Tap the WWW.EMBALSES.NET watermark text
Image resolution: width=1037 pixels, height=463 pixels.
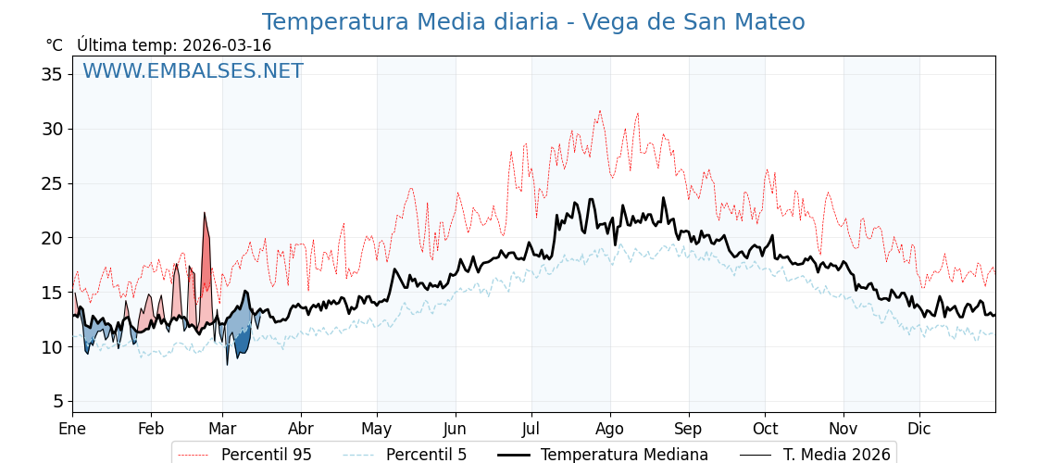[193, 71]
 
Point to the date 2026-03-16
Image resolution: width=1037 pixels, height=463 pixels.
[227, 45]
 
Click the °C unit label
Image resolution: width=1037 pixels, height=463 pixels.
[54, 45]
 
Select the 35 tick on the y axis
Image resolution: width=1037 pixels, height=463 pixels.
[51, 74]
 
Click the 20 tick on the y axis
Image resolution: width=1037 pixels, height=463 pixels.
[51, 238]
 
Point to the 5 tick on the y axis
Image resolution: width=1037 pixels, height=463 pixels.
[56, 402]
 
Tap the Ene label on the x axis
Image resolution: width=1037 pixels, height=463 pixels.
[72, 429]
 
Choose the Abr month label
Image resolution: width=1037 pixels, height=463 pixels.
[301, 429]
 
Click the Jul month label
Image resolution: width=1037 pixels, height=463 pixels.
[531, 429]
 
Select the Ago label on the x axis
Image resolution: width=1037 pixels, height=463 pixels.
[609, 429]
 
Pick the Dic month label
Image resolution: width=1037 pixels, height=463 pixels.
[919, 429]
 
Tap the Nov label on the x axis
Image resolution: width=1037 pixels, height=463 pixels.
[843, 429]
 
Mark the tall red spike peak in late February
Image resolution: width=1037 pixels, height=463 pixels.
[205, 214]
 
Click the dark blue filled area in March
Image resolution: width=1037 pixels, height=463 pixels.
[243, 341]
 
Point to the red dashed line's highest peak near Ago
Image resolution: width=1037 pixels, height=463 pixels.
[599, 111]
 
